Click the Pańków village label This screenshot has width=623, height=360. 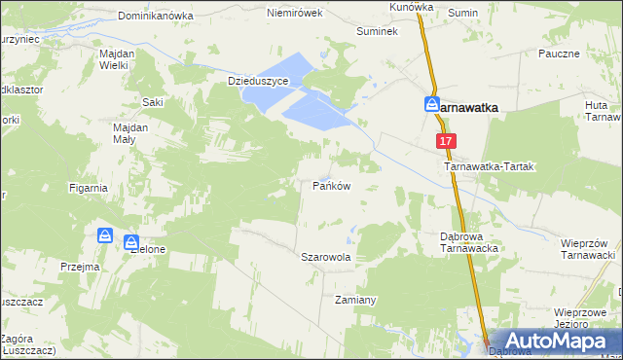331,185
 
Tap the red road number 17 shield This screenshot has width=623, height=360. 446,141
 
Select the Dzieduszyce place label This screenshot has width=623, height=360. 258,82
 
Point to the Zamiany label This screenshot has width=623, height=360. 355,300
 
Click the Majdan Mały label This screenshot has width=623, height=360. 129,133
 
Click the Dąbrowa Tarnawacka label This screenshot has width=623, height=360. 470,242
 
